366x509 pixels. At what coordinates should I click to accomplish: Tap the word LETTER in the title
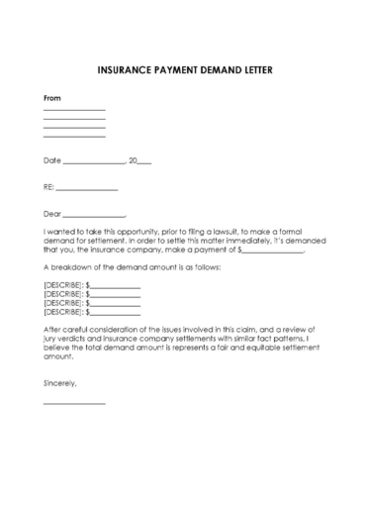[251, 71]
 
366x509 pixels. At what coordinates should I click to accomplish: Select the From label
[52, 98]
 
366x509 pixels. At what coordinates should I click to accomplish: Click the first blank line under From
[74, 110]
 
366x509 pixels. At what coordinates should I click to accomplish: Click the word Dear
[52, 213]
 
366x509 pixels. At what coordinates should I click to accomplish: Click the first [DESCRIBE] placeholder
[63, 285]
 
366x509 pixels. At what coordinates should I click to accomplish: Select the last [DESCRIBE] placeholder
[63, 312]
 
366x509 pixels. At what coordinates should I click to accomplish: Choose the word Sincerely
[59, 381]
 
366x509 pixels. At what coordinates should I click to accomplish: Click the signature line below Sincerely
[74, 404]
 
